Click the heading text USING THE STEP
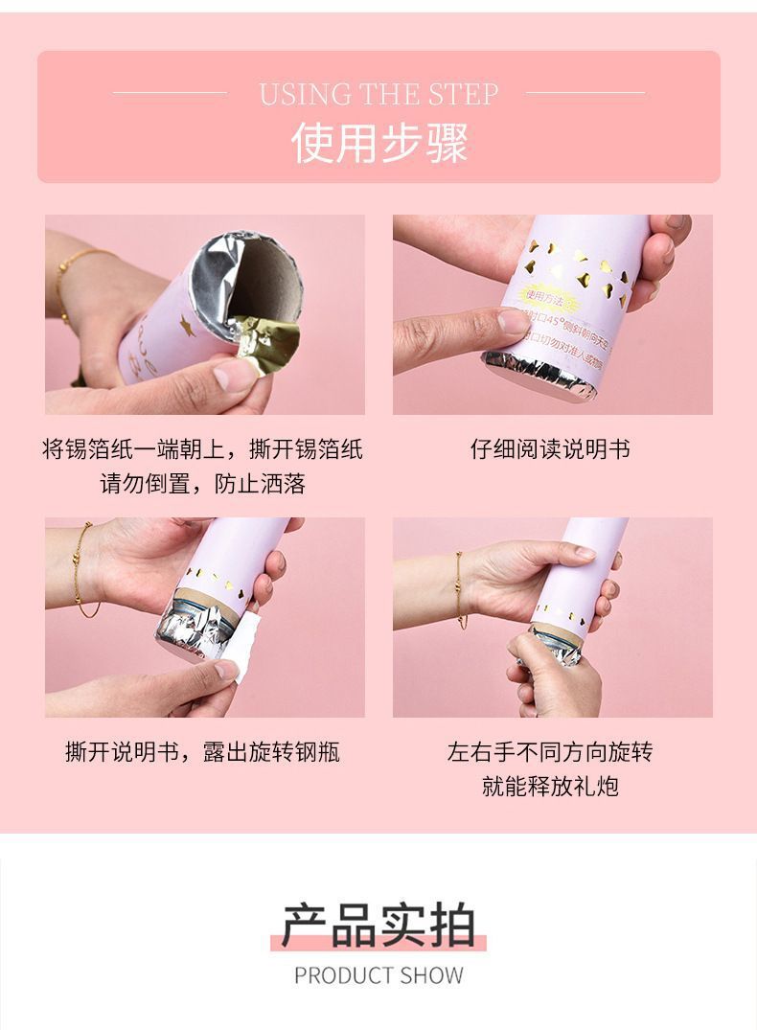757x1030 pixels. click(x=378, y=94)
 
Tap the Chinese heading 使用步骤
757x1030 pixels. click(x=379, y=143)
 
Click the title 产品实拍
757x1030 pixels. click(x=378, y=925)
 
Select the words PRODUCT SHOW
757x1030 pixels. click(x=378, y=976)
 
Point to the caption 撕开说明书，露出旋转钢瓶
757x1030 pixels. click(x=202, y=752)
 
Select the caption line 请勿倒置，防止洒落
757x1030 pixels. click(x=202, y=484)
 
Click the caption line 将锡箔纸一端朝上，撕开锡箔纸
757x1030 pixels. click(x=202, y=448)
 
